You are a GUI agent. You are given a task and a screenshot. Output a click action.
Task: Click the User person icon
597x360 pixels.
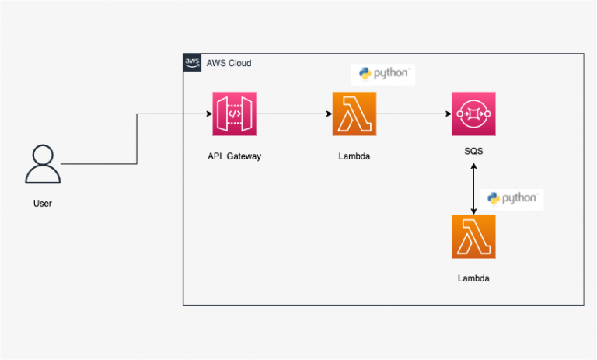point(44,164)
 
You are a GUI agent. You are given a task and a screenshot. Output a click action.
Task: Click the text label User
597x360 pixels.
point(44,204)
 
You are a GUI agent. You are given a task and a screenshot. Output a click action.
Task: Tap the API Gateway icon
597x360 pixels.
point(234,114)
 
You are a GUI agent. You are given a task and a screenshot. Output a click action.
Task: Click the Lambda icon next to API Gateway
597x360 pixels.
point(354,114)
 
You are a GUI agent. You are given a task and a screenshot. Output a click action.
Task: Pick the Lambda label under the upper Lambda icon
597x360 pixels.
point(354,156)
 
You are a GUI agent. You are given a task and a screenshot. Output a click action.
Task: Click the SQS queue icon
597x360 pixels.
point(473,114)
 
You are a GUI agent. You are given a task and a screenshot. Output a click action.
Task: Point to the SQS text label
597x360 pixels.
point(473,151)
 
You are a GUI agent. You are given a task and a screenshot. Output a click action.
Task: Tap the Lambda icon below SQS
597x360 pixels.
point(473,236)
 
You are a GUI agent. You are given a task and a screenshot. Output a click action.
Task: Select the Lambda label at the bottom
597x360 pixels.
point(473,278)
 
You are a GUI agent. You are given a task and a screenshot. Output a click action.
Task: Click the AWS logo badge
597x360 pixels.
point(192,62)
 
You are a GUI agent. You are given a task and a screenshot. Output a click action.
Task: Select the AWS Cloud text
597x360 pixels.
point(229,63)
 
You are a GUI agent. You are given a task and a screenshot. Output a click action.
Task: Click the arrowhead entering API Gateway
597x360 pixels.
point(208,114)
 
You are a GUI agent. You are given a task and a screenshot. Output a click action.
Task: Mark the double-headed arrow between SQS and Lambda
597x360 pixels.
point(473,187)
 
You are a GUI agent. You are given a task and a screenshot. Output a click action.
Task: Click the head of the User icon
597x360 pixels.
point(44,153)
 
